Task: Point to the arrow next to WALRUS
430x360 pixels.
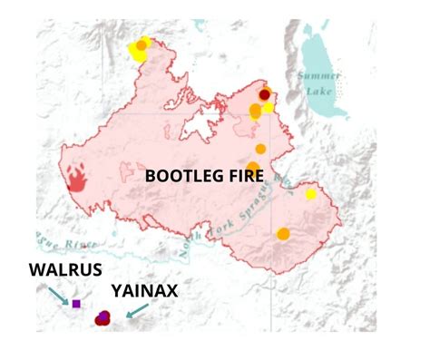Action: pos(58,296)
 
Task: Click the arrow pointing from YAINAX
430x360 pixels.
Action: pos(135,311)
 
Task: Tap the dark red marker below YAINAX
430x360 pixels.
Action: pos(103,317)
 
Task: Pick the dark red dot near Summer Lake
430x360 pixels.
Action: pos(265,93)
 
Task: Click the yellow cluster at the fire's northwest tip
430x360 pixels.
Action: pos(140,48)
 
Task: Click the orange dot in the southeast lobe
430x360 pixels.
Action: pos(283,234)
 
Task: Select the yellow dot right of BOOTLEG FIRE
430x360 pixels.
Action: pos(311,193)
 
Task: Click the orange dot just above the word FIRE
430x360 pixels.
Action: pos(260,149)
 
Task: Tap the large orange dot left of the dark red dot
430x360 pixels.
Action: pos(255,112)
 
